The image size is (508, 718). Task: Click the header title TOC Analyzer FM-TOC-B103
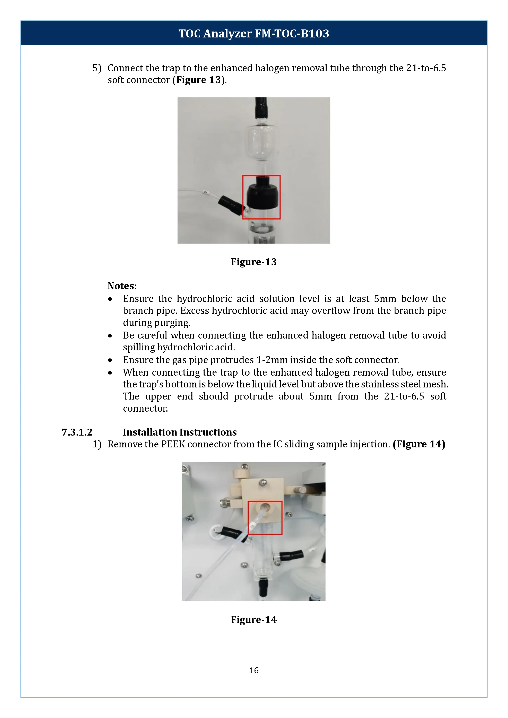click(x=254, y=33)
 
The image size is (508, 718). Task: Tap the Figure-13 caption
click(x=254, y=262)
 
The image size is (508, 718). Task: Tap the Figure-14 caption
click(x=254, y=620)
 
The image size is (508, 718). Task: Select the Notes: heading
click(x=122, y=286)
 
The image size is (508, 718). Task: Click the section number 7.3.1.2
click(x=77, y=432)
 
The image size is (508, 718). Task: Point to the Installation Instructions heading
click(x=180, y=432)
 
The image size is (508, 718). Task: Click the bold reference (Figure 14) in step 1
click(x=419, y=444)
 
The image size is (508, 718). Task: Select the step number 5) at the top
click(x=97, y=68)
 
